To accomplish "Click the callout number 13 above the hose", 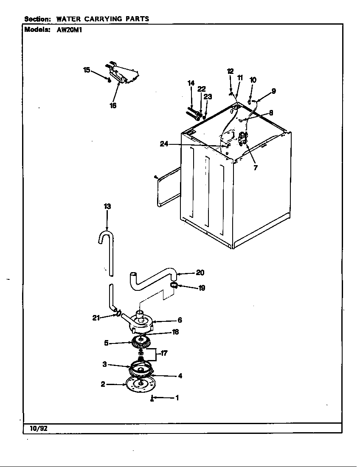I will point(107,206).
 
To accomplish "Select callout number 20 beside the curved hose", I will point(200,273).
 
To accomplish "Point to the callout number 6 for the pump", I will point(180,320).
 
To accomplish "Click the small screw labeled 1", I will point(152,398).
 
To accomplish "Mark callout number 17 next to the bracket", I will point(164,352).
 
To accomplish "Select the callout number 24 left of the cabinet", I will point(164,144).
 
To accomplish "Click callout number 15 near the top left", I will point(87,70).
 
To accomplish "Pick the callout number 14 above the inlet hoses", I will point(191,84).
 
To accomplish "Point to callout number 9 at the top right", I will point(273,90).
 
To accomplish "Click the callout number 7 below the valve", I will point(255,167).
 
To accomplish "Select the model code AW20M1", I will point(66,30).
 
